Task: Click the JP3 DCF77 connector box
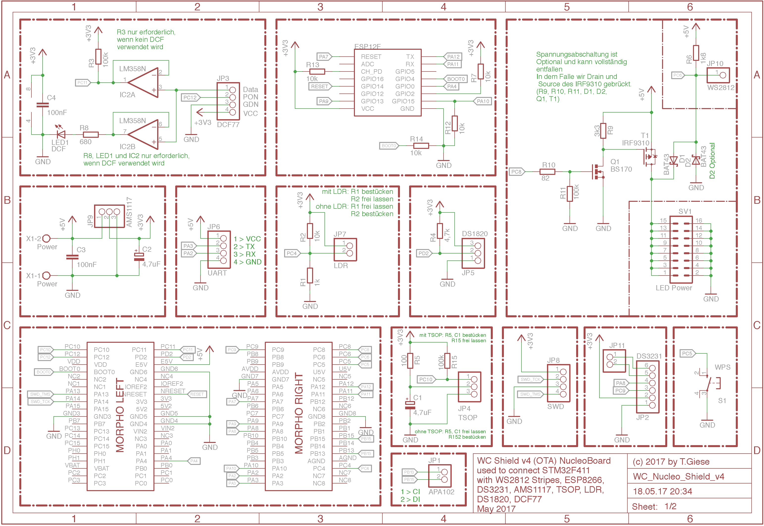(x=228, y=101)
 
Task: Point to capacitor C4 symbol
(x=43, y=105)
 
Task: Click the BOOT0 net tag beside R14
(x=389, y=146)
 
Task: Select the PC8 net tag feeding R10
(x=516, y=172)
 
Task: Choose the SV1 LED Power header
(x=681, y=250)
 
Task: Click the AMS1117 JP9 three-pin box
(x=109, y=216)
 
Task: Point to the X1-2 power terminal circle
(x=47, y=238)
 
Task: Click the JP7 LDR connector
(x=345, y=250)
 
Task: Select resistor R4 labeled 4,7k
(x=440, y=231)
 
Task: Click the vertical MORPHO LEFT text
(x=120, y=415)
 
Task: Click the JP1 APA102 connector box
(x=440, y=476)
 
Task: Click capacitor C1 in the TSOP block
(x=410, y=405)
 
